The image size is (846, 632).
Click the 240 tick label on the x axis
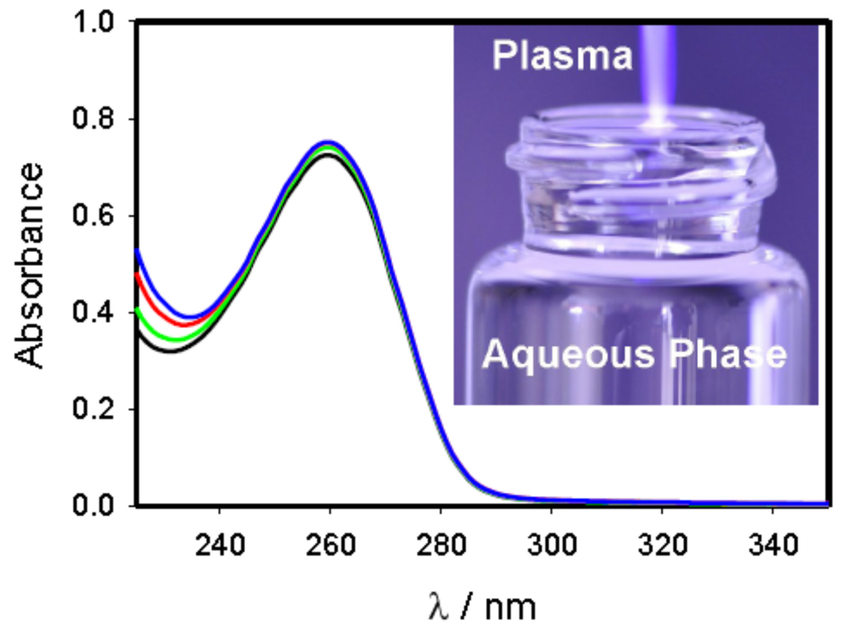point(220,545)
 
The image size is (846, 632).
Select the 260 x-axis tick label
point(330,545)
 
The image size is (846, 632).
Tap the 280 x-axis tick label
point(441,545)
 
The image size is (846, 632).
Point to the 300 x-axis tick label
point(551,545)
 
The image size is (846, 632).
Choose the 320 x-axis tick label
point(662,545)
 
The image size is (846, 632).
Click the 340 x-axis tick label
point(772,545)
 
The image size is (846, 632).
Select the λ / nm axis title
point(482,607)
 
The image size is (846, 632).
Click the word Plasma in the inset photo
point(562,56)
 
